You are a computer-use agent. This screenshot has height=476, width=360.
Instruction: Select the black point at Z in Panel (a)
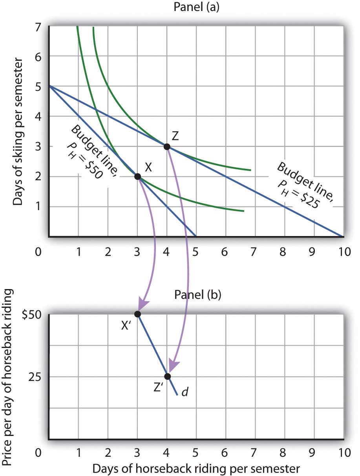[x=167, y=147]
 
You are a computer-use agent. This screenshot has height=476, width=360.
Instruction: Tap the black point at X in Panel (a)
[x=137, y=177]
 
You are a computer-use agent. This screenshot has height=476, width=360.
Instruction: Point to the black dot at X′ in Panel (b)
[x=137, y=314]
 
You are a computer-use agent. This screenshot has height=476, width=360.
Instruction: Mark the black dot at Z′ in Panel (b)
[x=168, y=377]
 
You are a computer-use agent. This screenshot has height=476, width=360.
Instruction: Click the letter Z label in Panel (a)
[x=175, y=136]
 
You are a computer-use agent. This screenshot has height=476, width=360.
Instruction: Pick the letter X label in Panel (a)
[x=148, y=167]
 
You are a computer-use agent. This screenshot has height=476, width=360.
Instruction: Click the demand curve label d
[x=184, y=392]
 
